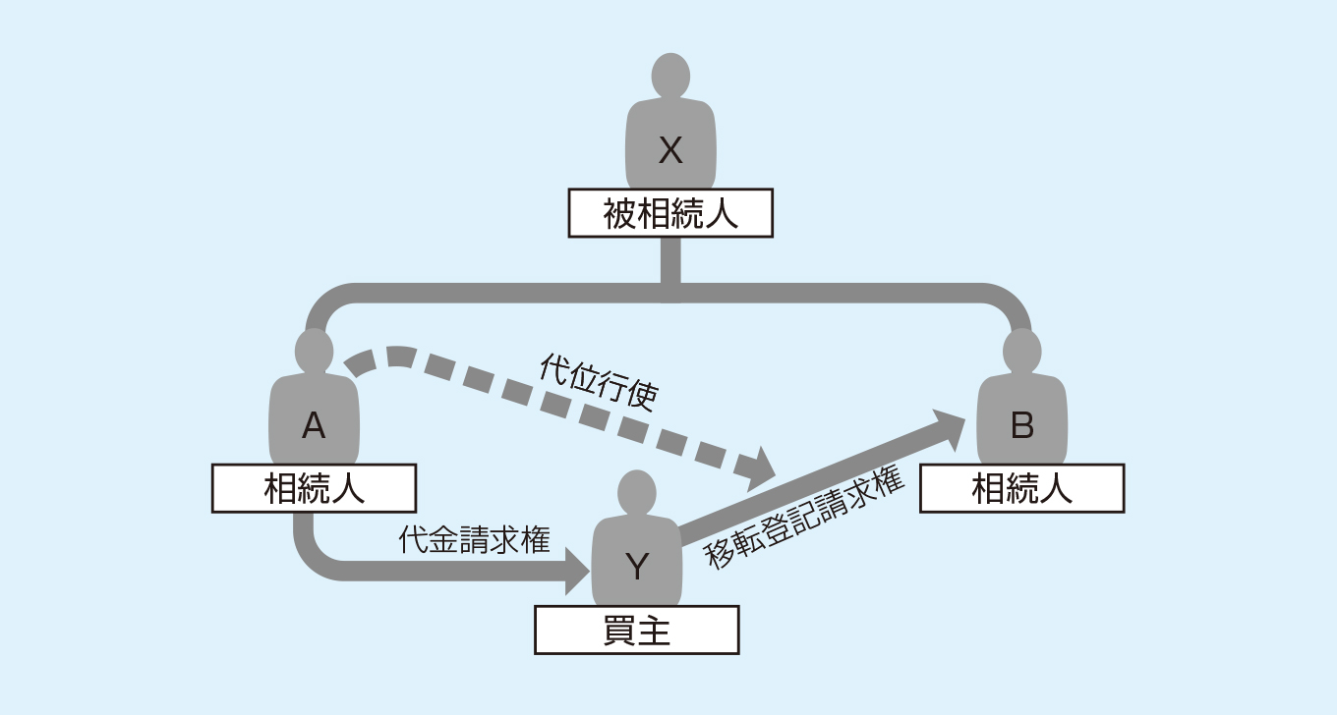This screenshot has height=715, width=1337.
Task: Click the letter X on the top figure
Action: tap(670, 151)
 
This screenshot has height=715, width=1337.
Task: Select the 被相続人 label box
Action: tap(670, 214)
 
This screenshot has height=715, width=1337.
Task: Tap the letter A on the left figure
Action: tap(313, 425)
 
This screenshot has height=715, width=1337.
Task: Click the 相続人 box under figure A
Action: tap(314, 488)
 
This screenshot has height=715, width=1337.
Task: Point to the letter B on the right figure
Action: tap(1022, 425)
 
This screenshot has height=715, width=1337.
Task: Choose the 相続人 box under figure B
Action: tap(1021, 488)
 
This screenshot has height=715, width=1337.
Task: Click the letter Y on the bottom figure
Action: tap(637, 566)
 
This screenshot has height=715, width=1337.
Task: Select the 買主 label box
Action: tap(636, 630)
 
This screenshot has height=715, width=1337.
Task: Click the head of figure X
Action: tap(670, 76)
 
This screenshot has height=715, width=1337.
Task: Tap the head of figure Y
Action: tap(637, 491)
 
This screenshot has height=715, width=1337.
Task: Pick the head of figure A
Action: tap(314, 350)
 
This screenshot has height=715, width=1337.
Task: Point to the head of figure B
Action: tap(1022, 350)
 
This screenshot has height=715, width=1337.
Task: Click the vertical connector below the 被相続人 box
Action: tap(670, 262)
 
